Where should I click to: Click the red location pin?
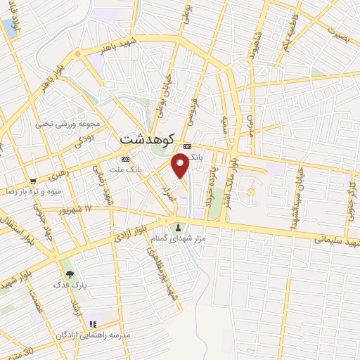pos(181,165)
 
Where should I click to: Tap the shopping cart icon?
pos(32,181)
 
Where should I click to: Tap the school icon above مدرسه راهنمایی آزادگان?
pos(93,324)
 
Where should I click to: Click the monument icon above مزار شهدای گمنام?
pos(178,227)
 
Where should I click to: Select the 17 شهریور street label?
pos(77,210)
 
